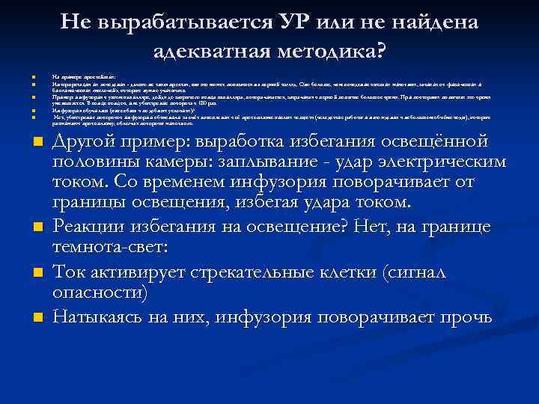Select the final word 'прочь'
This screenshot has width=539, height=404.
(x=467, y=318)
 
